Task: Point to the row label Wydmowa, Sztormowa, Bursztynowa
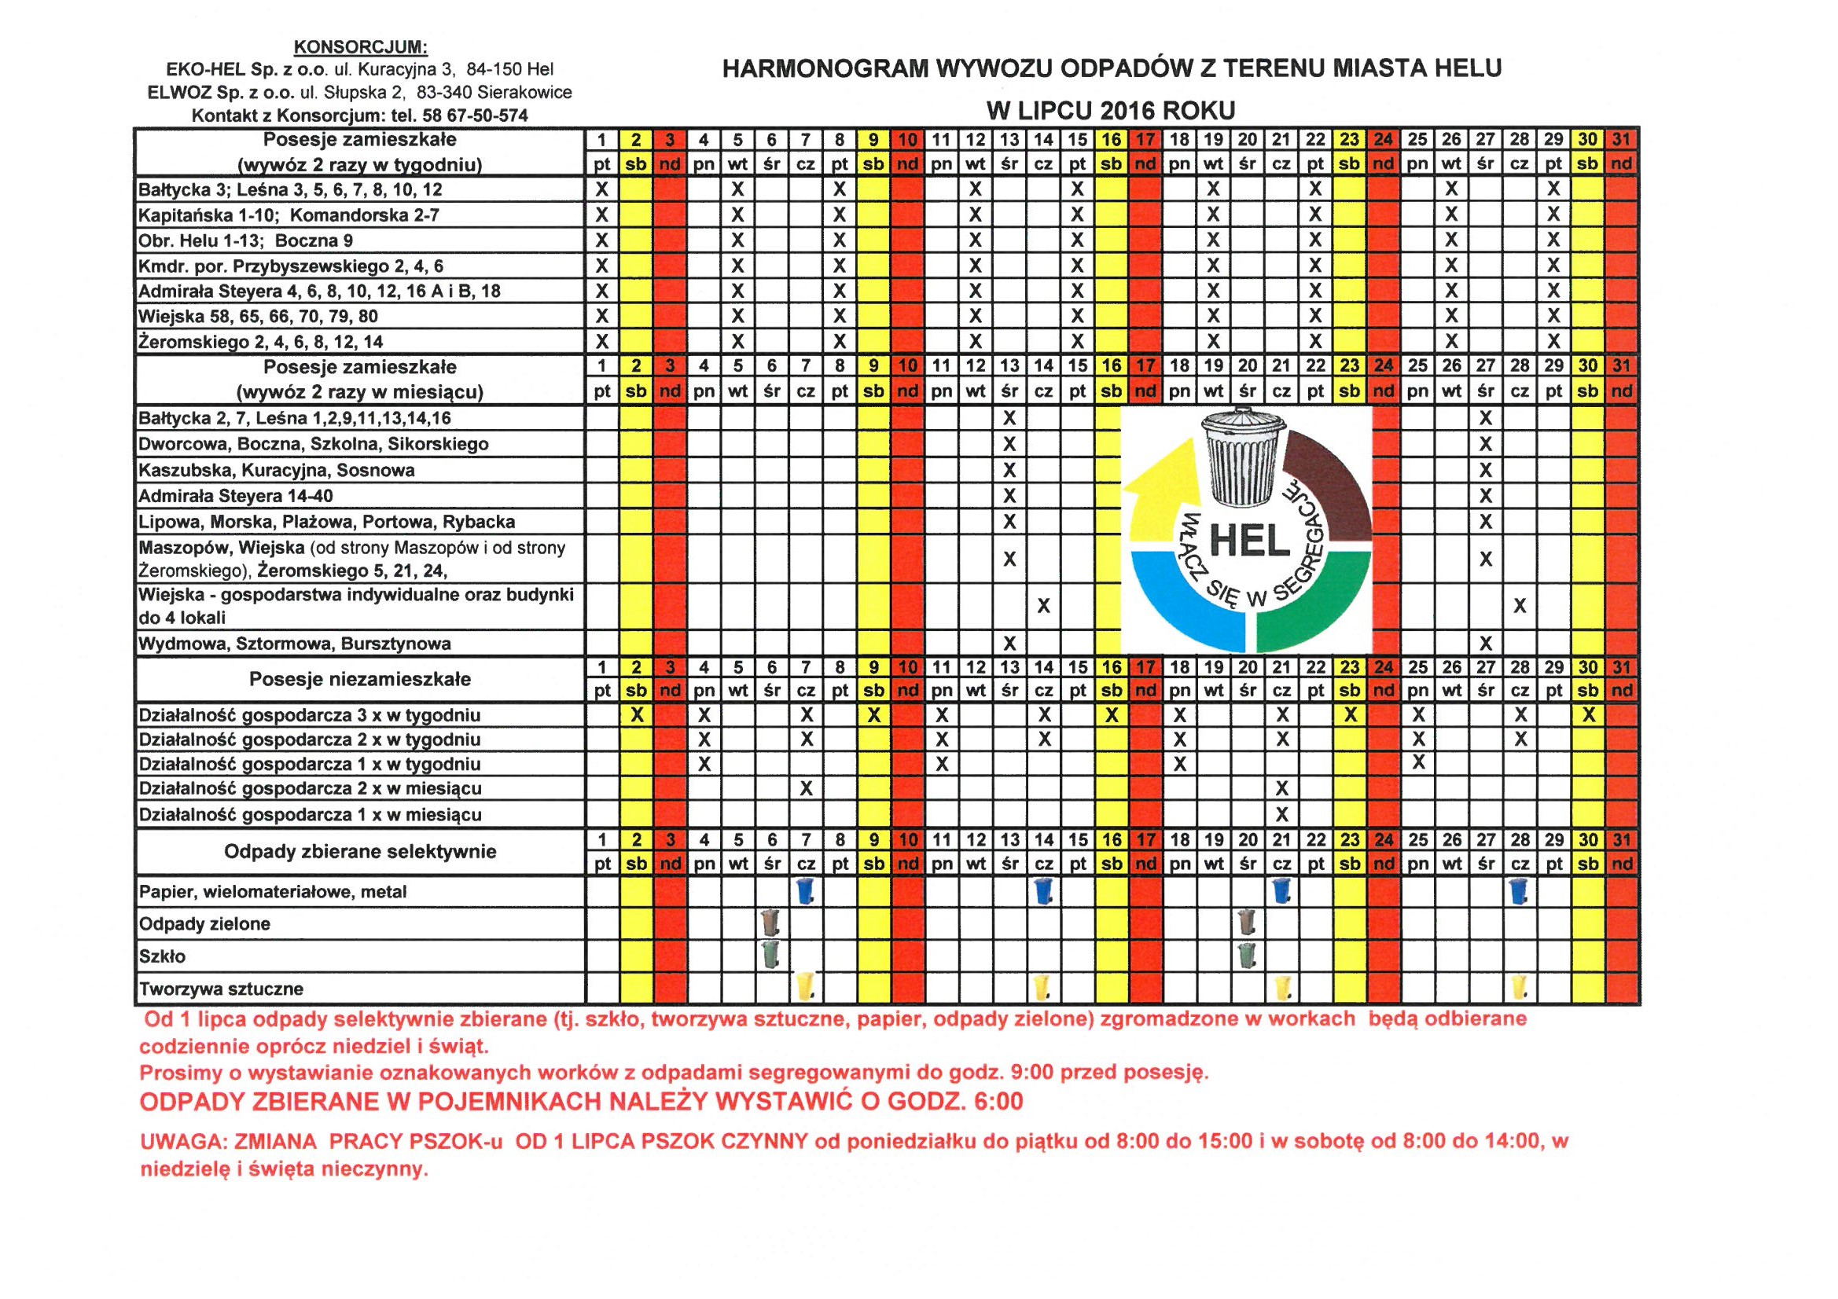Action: (x=295, y=644)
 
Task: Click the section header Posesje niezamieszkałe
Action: (x=360, y=680)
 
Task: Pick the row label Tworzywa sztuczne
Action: (x=221, y=989)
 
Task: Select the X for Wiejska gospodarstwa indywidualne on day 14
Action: (x=1043, y=607)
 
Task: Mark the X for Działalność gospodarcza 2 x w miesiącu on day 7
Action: (x=806, y=788)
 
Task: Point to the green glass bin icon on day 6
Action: (x=772, y=955)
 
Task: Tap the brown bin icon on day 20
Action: (x=1246, y=923)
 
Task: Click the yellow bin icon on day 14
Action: (x=1042, y=988)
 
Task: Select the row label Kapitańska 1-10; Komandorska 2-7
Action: (x=289, y=215)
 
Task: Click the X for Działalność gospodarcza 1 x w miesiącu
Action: (x=1281, y=815)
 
